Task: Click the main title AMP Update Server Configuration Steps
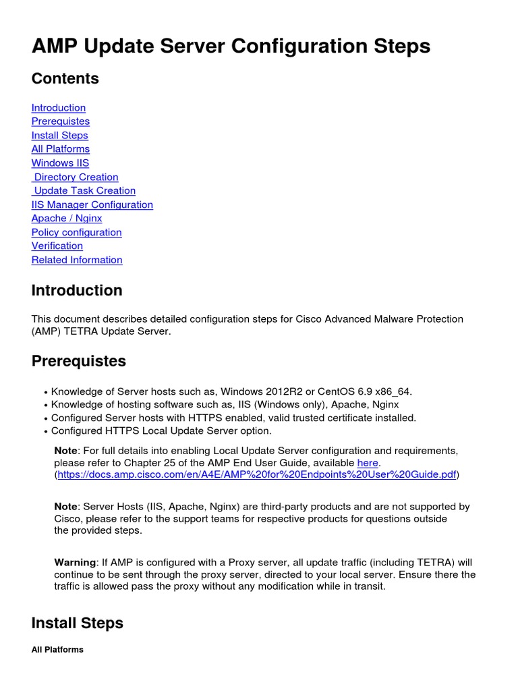(231, 46)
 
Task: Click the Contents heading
(65, 78)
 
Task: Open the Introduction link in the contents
(59, 108)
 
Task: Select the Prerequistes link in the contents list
(61, 121)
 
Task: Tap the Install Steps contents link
(59, 136)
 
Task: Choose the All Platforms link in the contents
(61, 149)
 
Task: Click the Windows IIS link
(60, 163)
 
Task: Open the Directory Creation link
(76, 177)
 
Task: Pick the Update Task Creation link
(84, 191)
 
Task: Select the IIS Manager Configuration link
(92, 204)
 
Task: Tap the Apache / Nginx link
(67, 219)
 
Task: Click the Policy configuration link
(77, 232)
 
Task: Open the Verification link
(57, 246)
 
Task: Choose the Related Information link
(77, 260)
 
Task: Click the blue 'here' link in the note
(367, 463)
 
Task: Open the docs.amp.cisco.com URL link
(256, 475)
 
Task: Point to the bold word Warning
(75, 562)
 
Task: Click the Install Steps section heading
(78, 622)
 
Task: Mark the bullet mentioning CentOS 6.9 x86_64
(231, 391)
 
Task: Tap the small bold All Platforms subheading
(57, 650)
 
